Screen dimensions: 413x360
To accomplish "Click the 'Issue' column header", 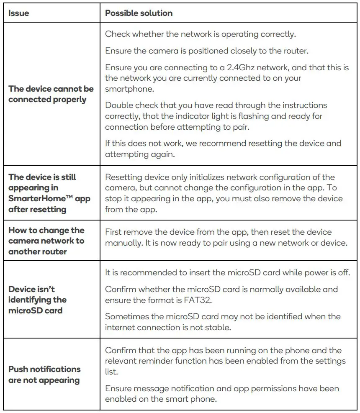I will (x=19, y=13).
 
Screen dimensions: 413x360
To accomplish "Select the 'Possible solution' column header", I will (x=139, y=13).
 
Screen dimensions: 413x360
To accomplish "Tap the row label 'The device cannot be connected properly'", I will (x=51, y=94).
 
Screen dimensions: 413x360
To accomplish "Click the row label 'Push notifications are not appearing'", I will (x=44, y=375).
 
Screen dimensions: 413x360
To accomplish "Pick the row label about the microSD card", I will (x=37, y=300).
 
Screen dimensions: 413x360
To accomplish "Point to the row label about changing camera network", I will (x=46, y=241).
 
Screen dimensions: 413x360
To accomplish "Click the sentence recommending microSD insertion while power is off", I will (x=227, y=272).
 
